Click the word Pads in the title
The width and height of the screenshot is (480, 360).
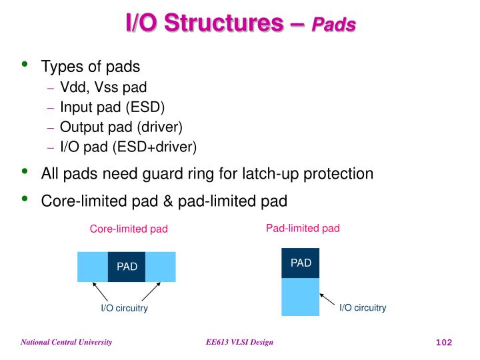[x=334, y=25]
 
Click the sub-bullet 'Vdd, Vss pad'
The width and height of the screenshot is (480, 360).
[x=103, y=87]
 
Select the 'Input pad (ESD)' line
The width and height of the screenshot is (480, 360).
[x=112, y=107]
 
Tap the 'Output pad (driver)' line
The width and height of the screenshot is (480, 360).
[x=121, y=127]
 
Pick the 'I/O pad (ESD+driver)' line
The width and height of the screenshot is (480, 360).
[x=128, y=147]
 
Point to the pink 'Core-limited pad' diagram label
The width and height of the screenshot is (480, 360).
[x=129, y=229]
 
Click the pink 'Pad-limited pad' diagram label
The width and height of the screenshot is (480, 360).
[x=303, y=228]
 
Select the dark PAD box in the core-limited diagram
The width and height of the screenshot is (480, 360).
[x=127, y=267]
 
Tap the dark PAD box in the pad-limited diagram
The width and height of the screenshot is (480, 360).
[x=301, y=263]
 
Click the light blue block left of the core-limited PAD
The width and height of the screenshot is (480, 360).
[x=93, y=267]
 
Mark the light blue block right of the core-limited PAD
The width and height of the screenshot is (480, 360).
[x=160, y=267]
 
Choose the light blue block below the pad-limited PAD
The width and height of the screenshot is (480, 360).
[x=301, y=297]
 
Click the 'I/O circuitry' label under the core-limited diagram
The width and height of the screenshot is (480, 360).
[x=124, y=309]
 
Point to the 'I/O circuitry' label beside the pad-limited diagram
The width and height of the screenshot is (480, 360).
[x=363, y=307]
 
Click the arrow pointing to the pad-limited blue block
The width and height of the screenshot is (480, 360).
[x=327, y=298]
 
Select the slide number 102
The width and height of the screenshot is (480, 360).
[x=443, y=343]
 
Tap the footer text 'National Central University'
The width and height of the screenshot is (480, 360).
[x=66, y=342]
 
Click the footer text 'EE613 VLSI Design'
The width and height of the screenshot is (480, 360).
[x=239, y=342]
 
